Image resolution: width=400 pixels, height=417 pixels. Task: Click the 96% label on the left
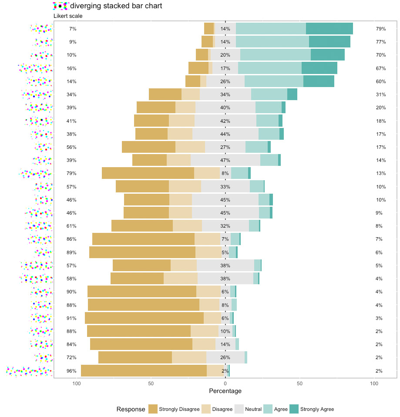(71, 371)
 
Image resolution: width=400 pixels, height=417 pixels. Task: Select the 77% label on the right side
(381, 42)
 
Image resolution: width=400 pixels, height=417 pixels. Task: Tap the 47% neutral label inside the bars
(225, 160)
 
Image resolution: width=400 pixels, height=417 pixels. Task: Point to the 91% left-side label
(71, 318)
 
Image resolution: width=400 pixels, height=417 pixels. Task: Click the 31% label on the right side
(381, 94)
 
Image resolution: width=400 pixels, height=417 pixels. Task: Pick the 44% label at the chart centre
(225, 134)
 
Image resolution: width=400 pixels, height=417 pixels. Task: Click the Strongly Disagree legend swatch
(153, 409)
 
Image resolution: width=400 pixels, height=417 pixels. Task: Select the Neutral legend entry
(253, 409)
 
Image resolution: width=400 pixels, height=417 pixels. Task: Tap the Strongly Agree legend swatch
(295, 409)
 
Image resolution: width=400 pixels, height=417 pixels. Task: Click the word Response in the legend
(131, 409)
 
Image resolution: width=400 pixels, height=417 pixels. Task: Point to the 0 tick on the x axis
(225, 383)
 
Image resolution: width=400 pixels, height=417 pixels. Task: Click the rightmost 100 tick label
(374, 383)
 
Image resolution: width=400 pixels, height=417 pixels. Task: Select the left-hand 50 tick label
(151, 383)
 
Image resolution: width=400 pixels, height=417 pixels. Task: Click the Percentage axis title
(225, 391)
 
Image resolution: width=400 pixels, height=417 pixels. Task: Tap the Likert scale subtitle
(68, 16)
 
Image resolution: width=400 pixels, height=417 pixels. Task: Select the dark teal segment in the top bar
(329, 29)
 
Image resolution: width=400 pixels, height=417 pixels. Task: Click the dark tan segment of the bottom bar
(144, 371)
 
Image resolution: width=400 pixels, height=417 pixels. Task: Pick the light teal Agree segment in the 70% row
(276, 55)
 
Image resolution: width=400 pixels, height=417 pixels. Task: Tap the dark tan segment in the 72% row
(135, 358)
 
